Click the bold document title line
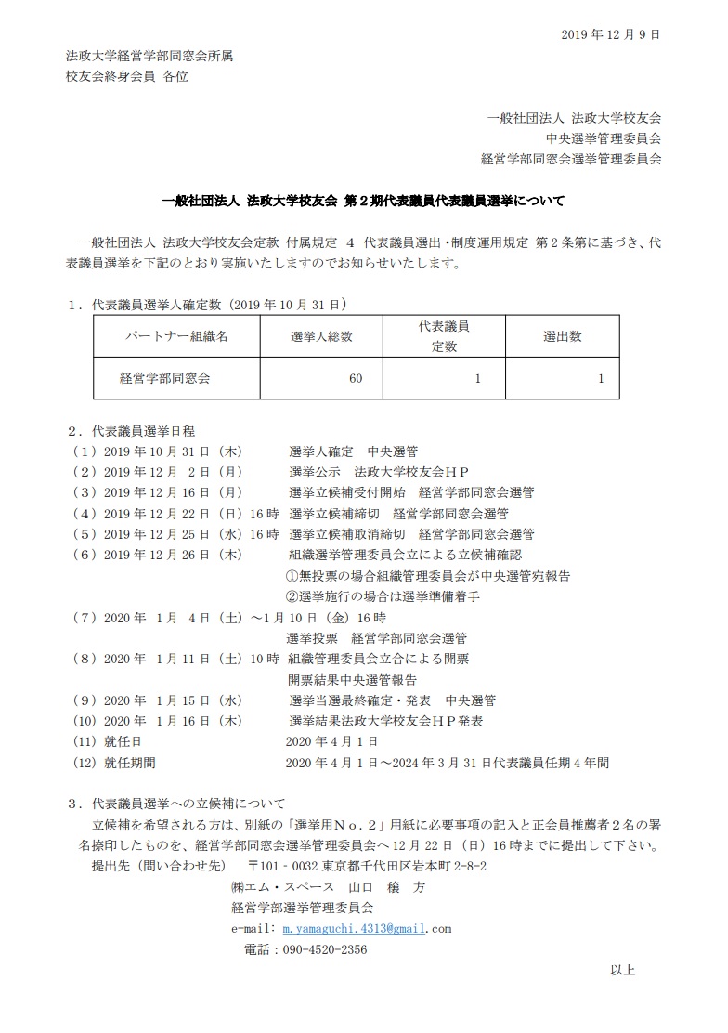click(x=363, y=200)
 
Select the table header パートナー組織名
click(x=176, y=336)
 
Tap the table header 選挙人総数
click(x=321, y=336)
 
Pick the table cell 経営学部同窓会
click(x=166, y=378)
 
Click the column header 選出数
click(x=563, y=336)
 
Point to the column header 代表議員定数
click(x=442, y=336)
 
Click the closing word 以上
click(x=623, y=971)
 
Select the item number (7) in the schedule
click(x=84, y=617)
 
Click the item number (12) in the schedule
click(x=84, y=763)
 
